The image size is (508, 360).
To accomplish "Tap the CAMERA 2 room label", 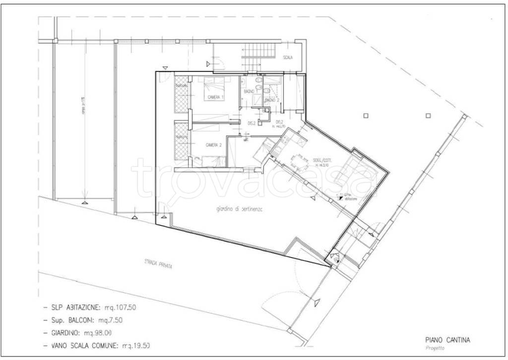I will click(213, 144).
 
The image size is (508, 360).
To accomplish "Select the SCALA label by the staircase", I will click(288, 58).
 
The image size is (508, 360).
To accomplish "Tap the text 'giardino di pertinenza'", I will click(239, 210).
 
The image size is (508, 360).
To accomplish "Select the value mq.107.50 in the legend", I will click(119, 307).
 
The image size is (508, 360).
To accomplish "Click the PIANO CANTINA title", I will click(447, 340).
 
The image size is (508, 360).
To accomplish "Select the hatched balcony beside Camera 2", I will click(182, 143).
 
